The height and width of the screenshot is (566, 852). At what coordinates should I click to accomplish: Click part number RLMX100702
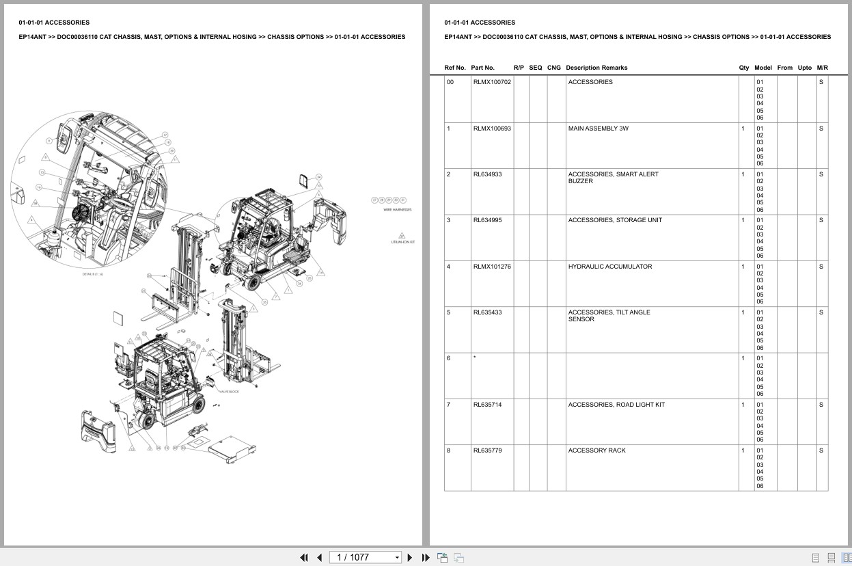pyautogui.click(x=492, y=82)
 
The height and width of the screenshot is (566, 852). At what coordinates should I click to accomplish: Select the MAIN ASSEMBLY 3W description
pyautogui.click(x=598, y=129)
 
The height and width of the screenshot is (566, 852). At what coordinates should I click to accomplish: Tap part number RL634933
pyautogui.click(x=487, y=174)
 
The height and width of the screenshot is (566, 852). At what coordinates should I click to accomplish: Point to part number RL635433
pyautogui.click(x=487, y=312)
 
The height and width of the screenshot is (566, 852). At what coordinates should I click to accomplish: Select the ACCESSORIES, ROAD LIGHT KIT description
pyautogui.click(x=616, y=405)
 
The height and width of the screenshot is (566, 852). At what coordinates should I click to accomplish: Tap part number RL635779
pyautogui.click(x=487, y=450)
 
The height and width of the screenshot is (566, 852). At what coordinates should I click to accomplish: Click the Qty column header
pyautogui.click(x=743, y=68)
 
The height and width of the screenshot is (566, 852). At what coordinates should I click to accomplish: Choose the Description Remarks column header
pyautogui.click(x=596, y=68)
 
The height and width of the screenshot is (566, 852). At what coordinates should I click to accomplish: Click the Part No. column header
pyautogui.click(x=482, y=68)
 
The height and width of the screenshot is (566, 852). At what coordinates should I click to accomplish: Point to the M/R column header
pyautogui.click(x=822, y=68)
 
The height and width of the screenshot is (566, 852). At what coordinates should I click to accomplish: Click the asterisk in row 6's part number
pyautogui.click(x=474, y=358)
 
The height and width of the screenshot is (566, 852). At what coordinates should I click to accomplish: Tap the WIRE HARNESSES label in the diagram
pyautogui.click(x=397, y=211)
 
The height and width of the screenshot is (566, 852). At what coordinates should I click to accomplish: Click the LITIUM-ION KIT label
pyautogui.click(x=402, y=242)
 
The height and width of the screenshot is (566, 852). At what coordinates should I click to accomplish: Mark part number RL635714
pyautogui.click(x=487, y=405)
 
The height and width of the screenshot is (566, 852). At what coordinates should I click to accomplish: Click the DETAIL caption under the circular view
pyautogui.click(x=92, y=274)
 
